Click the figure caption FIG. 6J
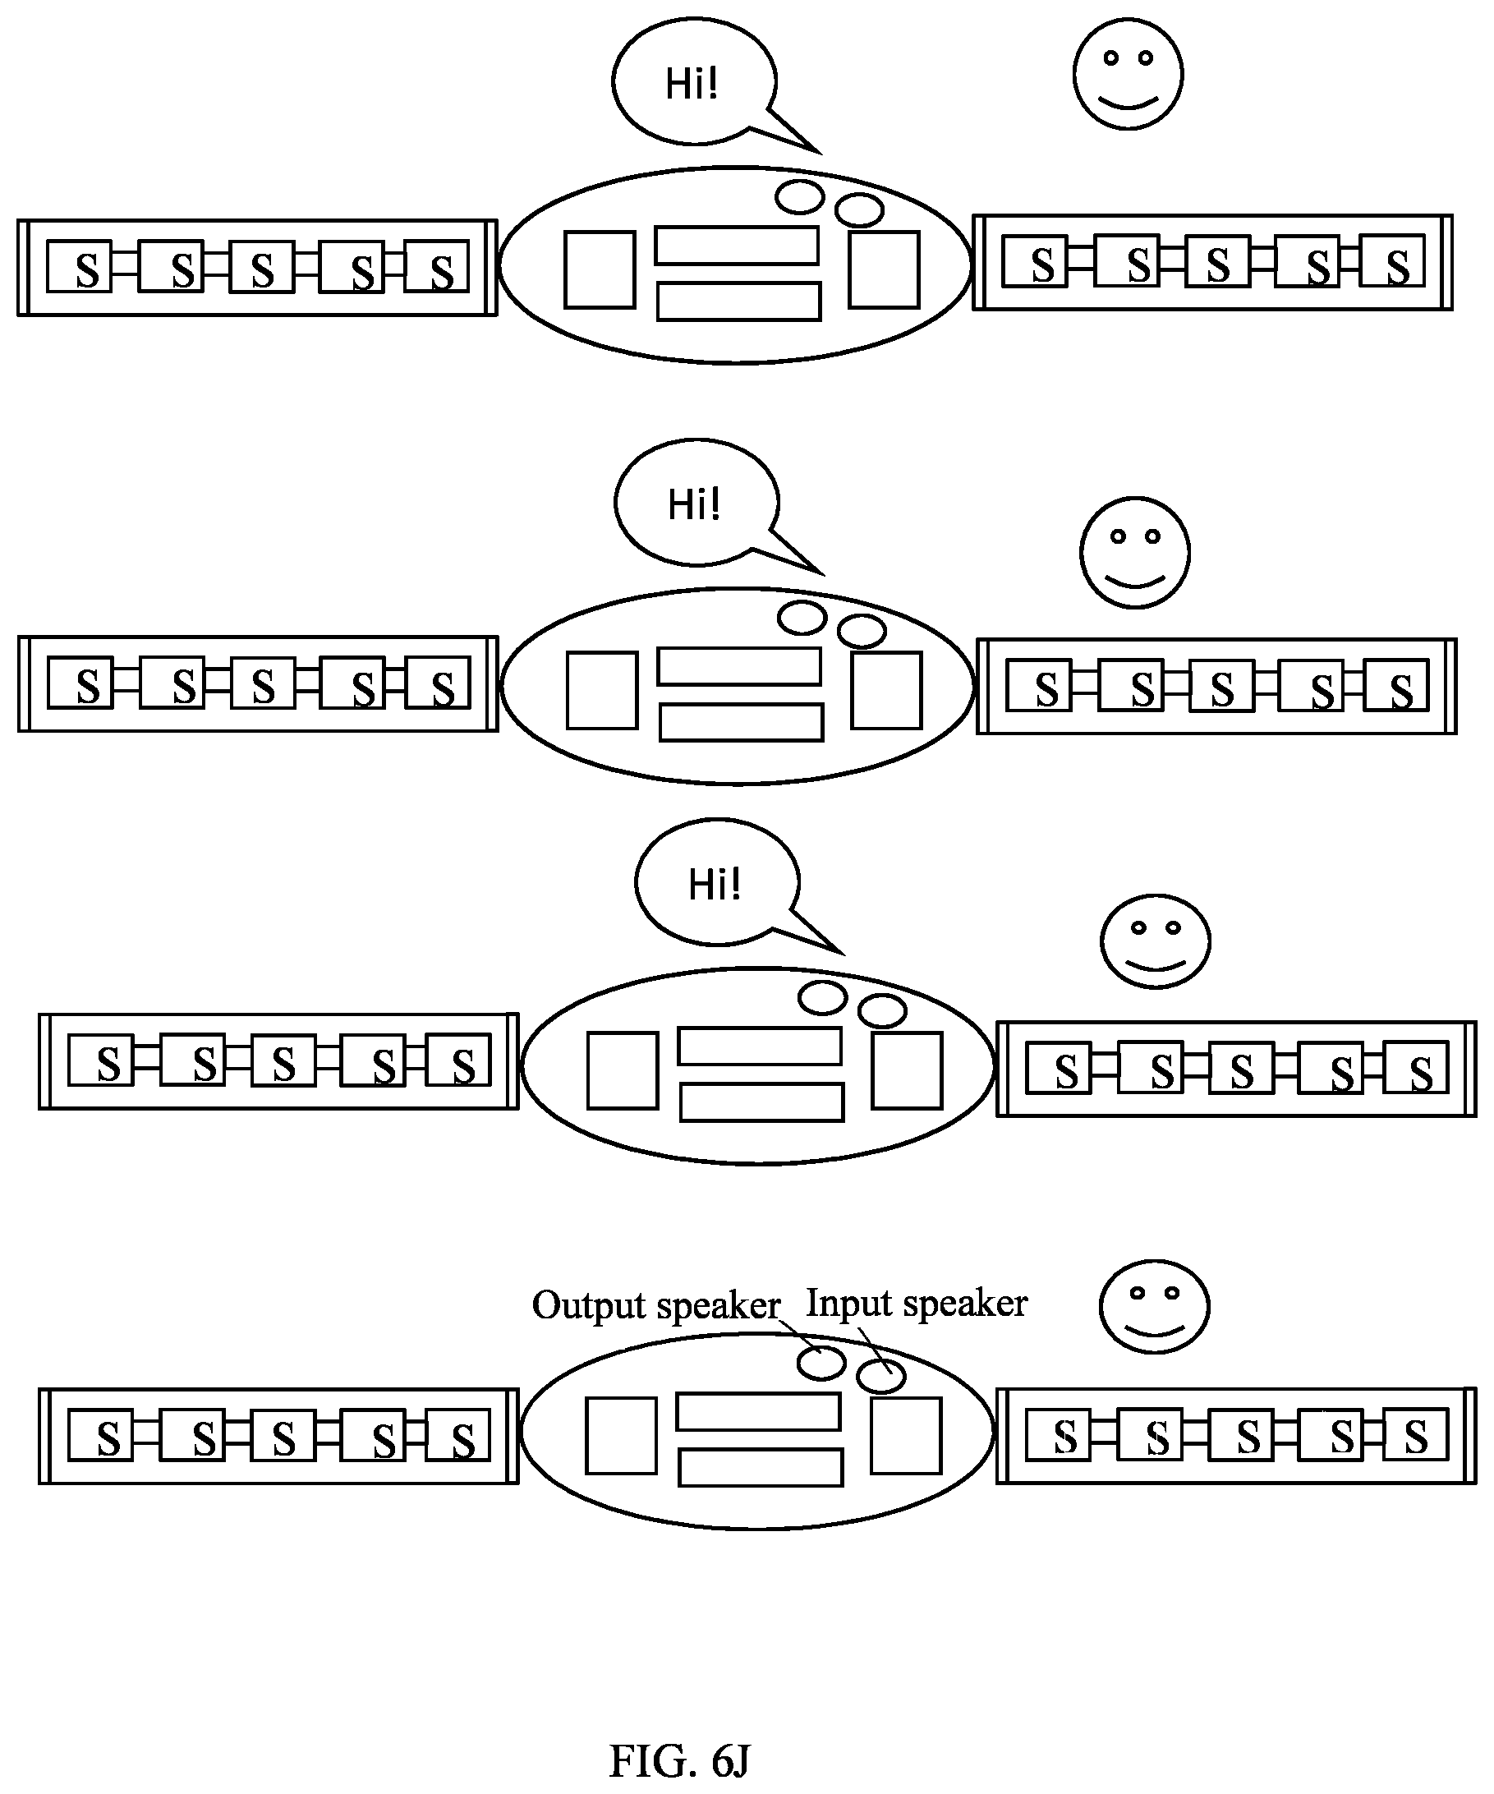[679, 1760]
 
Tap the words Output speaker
[656, 1306]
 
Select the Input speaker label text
[917, 1304]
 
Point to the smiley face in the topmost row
[1128, 74]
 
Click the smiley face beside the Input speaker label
[1154, 1306]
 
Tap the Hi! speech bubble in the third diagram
[719, 882]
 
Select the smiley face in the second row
[1134, 552]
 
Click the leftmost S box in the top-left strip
[80, 266]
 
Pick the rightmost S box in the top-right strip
[1392, 260]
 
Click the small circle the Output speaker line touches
[821, 1362]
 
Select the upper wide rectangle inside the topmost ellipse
[736, 245]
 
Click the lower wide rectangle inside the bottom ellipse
[761, 1468]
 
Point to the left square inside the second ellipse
[602, 690]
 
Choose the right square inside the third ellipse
[908, 1070]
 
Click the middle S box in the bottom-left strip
[283, 1436]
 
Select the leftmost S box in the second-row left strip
[80, 683]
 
